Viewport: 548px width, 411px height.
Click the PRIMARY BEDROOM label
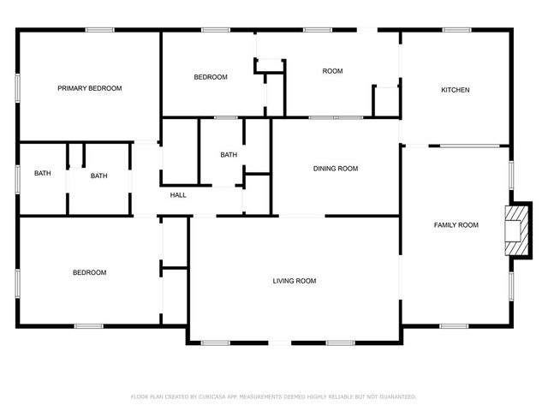(89, 88)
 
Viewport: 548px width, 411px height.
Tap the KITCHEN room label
(455, 90)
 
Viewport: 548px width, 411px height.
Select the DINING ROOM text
(336, 169)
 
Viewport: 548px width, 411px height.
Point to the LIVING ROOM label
(295, 281)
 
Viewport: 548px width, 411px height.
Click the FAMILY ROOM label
(456, 225)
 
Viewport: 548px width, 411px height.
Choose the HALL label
(178, 195)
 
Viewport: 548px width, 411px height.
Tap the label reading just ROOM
(332, 71)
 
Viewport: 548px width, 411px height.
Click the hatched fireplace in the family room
(518, 229)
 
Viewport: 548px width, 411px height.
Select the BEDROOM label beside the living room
(89, 273)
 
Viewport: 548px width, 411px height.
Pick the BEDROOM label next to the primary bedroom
(211, 77)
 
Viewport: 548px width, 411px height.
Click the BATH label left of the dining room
(229, 155)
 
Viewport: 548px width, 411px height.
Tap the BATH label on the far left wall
(43, 174)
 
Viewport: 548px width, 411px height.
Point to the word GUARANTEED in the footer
(395, 396)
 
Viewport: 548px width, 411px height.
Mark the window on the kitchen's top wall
(456, 30)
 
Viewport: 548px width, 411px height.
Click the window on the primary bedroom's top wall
(100, 30)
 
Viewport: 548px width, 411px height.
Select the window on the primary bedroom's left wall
(18, 88)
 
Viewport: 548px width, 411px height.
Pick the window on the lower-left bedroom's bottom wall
(88, 325)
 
